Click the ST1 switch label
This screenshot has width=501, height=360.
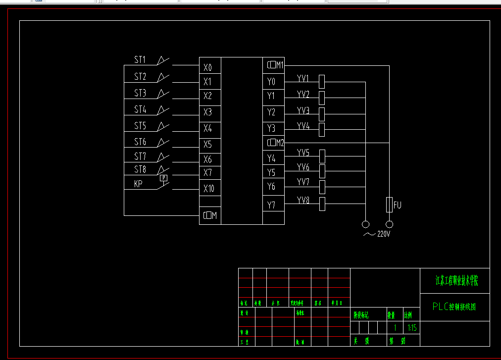[140, 60]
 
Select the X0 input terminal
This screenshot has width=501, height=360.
[208, 67]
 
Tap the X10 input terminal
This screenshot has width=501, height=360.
[209, 189]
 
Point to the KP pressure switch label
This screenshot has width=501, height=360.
[138, 184]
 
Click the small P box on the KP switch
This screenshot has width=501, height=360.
[164, 178]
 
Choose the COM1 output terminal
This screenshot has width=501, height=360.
[275, 64]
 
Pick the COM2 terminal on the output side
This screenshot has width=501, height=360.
[275, 143]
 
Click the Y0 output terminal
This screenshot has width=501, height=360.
[271, 81]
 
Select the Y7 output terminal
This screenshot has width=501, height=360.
[271, 205]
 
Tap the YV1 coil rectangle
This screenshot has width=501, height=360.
[322, 82]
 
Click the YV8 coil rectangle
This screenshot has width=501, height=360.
[322, 204]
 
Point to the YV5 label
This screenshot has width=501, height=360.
[303, 152]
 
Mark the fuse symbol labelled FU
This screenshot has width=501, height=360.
[389, 204]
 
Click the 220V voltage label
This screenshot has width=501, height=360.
[384, 234]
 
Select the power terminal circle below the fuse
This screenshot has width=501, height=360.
[389, 223]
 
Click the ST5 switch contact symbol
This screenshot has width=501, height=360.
[163, 126]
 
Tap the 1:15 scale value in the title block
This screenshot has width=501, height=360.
[412, 328]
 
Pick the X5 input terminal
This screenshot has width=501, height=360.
[208, 145]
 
